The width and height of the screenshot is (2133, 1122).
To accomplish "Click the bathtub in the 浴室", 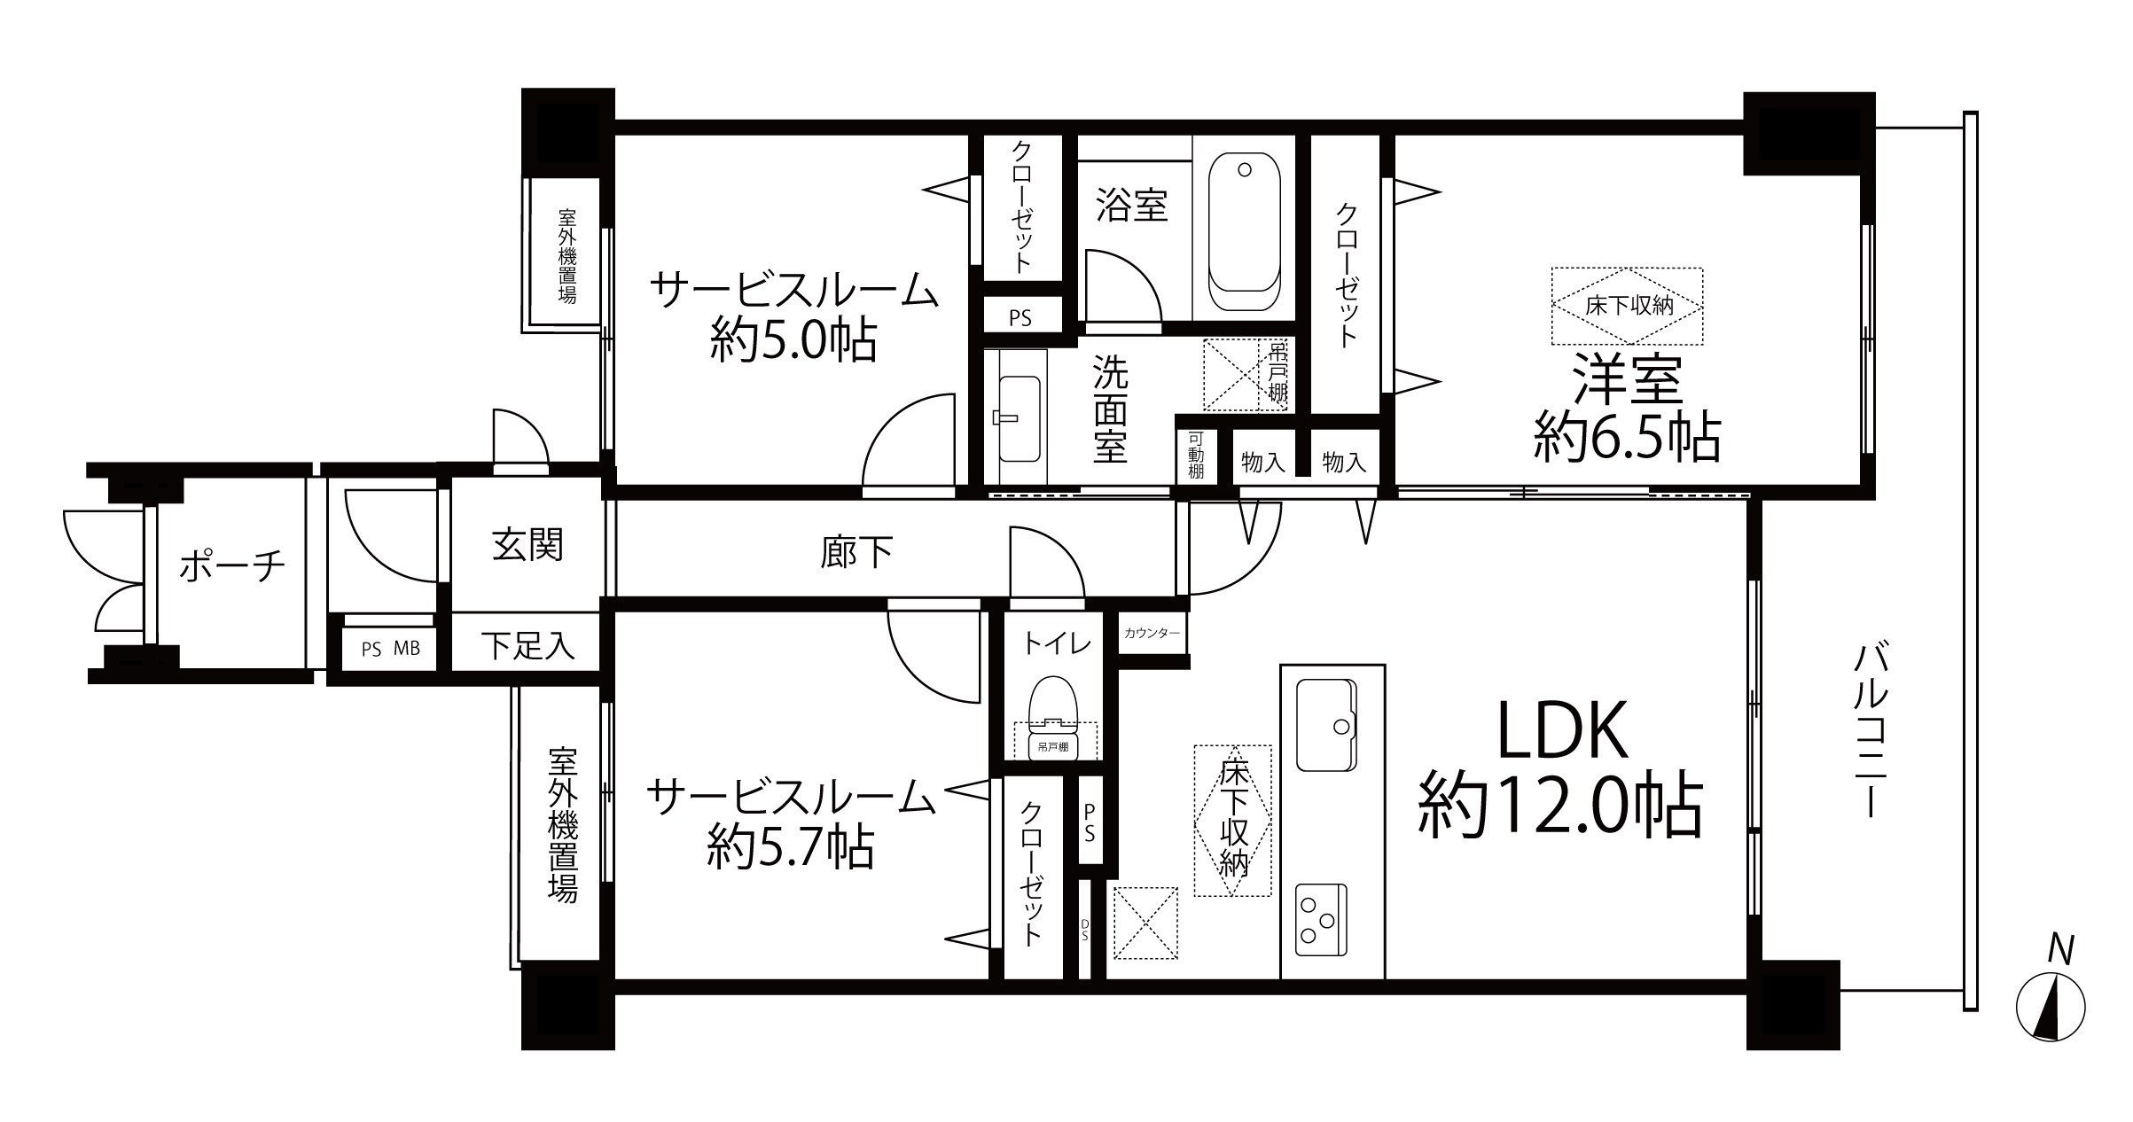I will tap(1244, 232).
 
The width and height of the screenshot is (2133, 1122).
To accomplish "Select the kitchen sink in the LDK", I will tap(1326, 724).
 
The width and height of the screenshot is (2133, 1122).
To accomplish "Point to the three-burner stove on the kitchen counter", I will tap(1320, 919).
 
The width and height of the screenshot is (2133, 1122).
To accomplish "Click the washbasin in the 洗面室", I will tap(1019, 418).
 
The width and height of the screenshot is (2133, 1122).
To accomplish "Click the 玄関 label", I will tap(527, 545).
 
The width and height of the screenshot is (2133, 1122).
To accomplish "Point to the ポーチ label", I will tap(232, 565).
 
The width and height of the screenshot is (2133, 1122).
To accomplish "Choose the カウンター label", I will tap(1152, 633).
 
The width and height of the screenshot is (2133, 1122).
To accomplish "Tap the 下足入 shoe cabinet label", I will tap(527, 646).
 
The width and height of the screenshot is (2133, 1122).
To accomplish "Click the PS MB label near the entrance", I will tap(390, 649).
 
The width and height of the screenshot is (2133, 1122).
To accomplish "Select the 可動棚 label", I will tap(1196, 456).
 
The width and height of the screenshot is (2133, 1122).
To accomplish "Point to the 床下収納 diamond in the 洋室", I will tap(1628, 306).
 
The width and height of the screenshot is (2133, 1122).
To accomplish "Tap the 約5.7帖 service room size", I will tap(791, 846).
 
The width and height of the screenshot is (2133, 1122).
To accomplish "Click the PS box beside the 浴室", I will tap(1020, 317).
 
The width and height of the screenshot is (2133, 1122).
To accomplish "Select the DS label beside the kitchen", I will tap(1084, 928).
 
